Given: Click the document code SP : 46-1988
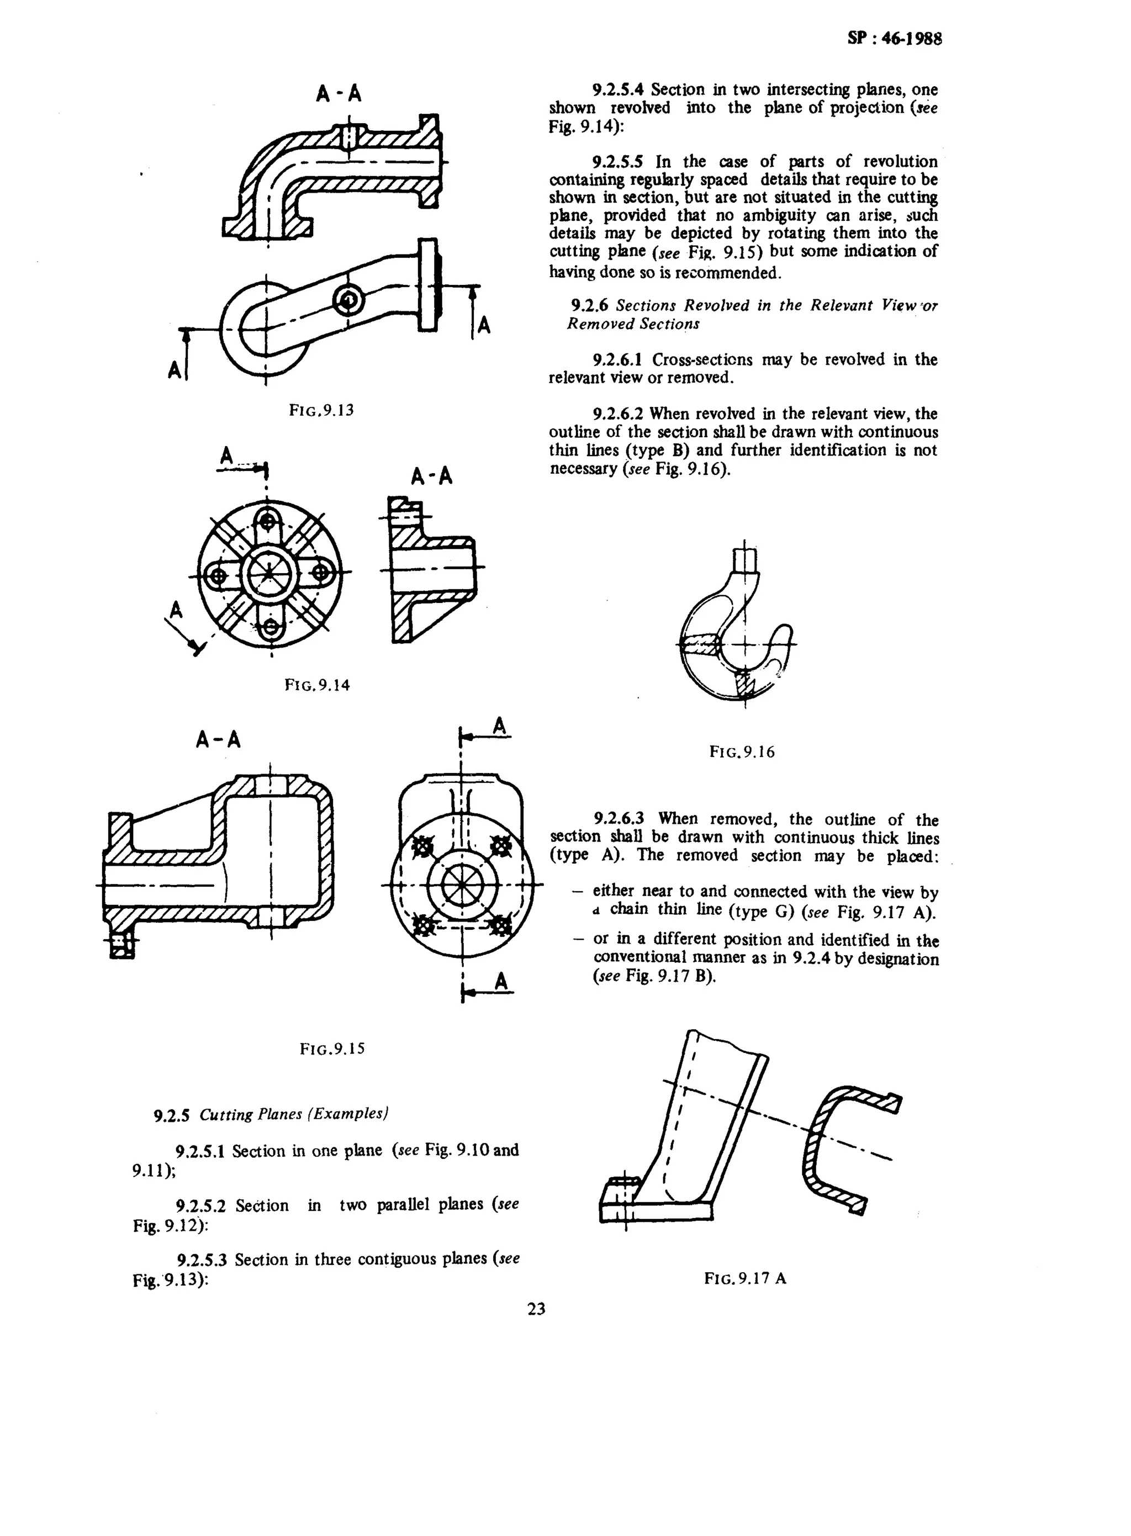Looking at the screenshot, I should click(894, 38).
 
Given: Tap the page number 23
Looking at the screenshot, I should click(537, 1308).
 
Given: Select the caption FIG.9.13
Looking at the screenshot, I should click(321, 410).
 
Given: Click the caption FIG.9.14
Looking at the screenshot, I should click(317, 685).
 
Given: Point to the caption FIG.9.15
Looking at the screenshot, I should click(332, 1048).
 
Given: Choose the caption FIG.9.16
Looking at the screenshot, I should click(742, 752).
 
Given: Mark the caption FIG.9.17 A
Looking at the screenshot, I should click(745, 1278).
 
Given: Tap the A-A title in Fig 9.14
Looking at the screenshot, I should click(431, 476).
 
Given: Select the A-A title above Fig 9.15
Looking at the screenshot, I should click(218, 740).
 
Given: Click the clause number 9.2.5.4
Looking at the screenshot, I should click(619, 89).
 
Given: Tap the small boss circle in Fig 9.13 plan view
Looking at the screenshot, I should click(348, 299).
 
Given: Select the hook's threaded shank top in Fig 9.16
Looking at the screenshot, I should click(744, 560).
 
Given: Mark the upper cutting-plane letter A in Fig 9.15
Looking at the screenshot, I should click(500, 725).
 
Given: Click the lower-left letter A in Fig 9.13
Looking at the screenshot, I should click(175, 370).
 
